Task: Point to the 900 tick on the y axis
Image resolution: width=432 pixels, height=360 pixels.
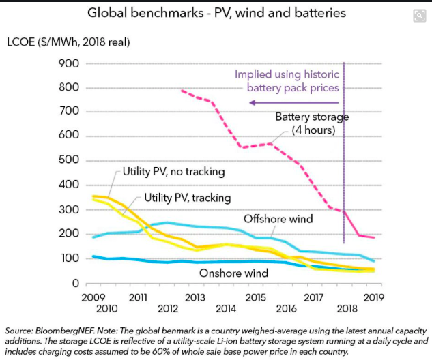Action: point(71,63)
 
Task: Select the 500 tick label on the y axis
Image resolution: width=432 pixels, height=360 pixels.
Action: point(71,161)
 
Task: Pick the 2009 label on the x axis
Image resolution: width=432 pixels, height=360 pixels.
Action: point(93,298)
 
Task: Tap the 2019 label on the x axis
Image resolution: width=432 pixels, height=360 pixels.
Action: point(374,298)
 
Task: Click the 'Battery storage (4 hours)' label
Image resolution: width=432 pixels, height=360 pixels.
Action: point(311,123)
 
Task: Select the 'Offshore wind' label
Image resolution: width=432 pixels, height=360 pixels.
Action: point(278,219)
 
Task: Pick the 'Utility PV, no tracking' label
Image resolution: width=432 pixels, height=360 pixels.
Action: point(174,170)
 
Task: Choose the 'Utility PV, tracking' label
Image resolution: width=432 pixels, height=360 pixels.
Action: point(188,198)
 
